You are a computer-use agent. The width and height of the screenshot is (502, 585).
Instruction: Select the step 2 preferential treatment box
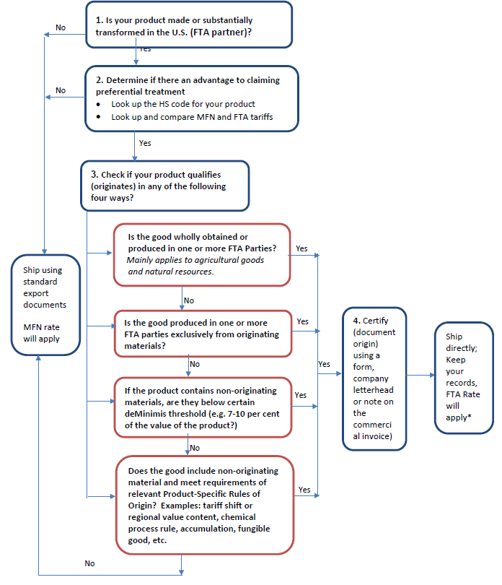pos(192,99)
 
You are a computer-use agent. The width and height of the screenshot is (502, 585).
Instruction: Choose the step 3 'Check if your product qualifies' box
pos(165,186)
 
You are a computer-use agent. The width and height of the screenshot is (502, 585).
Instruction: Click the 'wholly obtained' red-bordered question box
pos(202,253)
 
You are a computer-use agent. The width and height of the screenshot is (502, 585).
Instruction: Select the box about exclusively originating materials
pos(203,333)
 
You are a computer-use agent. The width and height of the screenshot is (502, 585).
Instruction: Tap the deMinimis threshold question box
pos(203,407)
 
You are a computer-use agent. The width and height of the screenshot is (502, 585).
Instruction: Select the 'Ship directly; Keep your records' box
pos(463,377)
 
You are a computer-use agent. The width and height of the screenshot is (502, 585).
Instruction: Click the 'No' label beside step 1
pos(61,27)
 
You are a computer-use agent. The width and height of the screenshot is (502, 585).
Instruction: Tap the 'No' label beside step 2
pos(61,90)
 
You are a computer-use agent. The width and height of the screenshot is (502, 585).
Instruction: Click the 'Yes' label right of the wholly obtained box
pos(301,248)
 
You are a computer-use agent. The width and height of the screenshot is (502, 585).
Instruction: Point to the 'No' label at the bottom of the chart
pos(89,563)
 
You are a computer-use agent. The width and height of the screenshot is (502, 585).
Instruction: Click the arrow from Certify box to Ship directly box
pos(420,375)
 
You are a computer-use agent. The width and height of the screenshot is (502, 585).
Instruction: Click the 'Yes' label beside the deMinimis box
pos(301,395)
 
